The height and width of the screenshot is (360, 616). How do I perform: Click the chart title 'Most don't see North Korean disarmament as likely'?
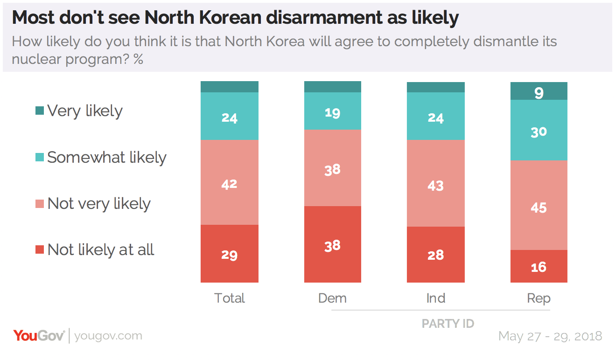pyautogui.click(x=235, y=18)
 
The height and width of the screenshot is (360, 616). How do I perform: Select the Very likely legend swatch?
pyautogui.click(x=40, y=111)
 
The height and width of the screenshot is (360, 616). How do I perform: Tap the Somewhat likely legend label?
pyautogui.click(x=106, y=158)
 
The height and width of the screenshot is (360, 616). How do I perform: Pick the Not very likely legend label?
pyautogui.click(x=99, y=204)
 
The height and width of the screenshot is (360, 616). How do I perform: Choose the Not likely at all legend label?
pyautogui.click(x=100, y=250)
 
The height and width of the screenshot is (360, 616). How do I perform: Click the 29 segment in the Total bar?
pyautogui.click(x=230, y=254)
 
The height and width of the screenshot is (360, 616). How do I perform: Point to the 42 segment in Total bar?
pyautogui.click(x=230, y=183)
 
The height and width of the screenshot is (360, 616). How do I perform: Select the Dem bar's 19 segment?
pyautogui.click(x=333, y=111)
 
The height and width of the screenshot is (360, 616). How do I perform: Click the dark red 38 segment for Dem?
pyautogui.click(x=333, y=244)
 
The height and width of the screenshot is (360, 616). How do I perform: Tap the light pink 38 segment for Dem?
pyautogui.click(x=333, y=168)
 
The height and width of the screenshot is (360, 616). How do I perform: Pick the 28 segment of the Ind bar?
pyautogui.click(x=436, y=255)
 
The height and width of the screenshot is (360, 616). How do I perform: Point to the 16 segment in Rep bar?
pyautogui.click(x=539, y=266)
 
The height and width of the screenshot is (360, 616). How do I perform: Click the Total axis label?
pyautogui.click(x=230, y=298)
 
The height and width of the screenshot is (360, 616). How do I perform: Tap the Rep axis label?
pyautogui.click(x=539, y=298)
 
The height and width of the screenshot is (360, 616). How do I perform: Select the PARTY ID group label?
pyautogui.click(x=448, y=324)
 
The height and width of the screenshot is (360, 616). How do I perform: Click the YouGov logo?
pyautogui.click(x=39, y=336)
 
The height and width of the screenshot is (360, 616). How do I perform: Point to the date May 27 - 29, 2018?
pyautogui.click(x=550, y=336)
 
